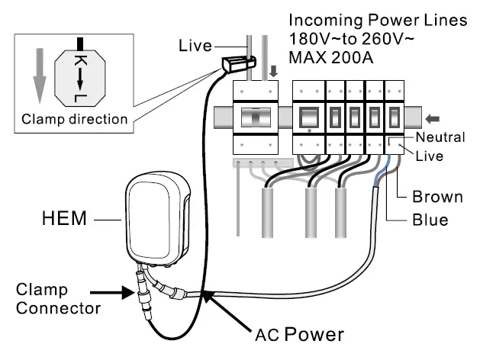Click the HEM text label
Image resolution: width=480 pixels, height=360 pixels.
(66, 220)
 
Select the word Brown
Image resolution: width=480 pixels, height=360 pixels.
(437, 197)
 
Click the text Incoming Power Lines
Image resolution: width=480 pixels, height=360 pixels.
(378, 21)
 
